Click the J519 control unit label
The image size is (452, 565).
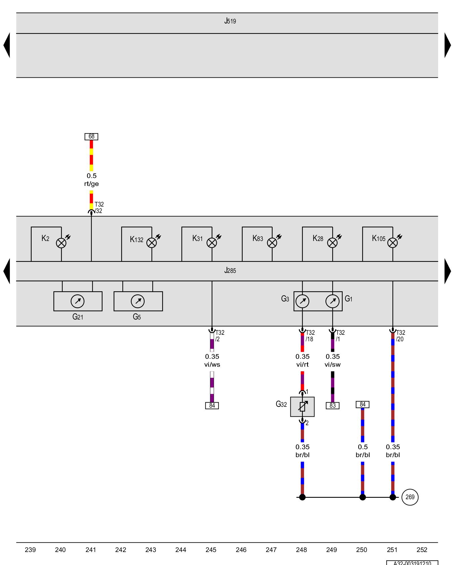[230, 21]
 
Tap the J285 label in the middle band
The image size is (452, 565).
[230, 271]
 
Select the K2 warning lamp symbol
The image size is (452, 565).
[61, 243]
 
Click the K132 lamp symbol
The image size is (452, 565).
[152, 243]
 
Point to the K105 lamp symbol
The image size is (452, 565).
[392, 243]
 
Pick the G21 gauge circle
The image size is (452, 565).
[77, 301]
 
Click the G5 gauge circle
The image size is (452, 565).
[138, 301]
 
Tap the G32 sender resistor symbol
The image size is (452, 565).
[302, 407]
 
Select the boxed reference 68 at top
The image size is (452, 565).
[91, 136]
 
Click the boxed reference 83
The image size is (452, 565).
[333, 406]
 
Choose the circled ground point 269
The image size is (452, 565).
[410, 497]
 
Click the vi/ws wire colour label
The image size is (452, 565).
[212, 365]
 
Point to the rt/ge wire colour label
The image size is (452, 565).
[92, 184]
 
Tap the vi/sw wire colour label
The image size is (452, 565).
[333, 365]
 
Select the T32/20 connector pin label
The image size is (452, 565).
[400, 336]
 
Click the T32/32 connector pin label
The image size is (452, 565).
[99, 208]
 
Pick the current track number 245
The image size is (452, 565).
[211, 550]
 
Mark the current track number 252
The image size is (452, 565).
[422, 550]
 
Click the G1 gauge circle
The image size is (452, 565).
[333, 301]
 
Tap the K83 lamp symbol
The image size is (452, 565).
[272, 243]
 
